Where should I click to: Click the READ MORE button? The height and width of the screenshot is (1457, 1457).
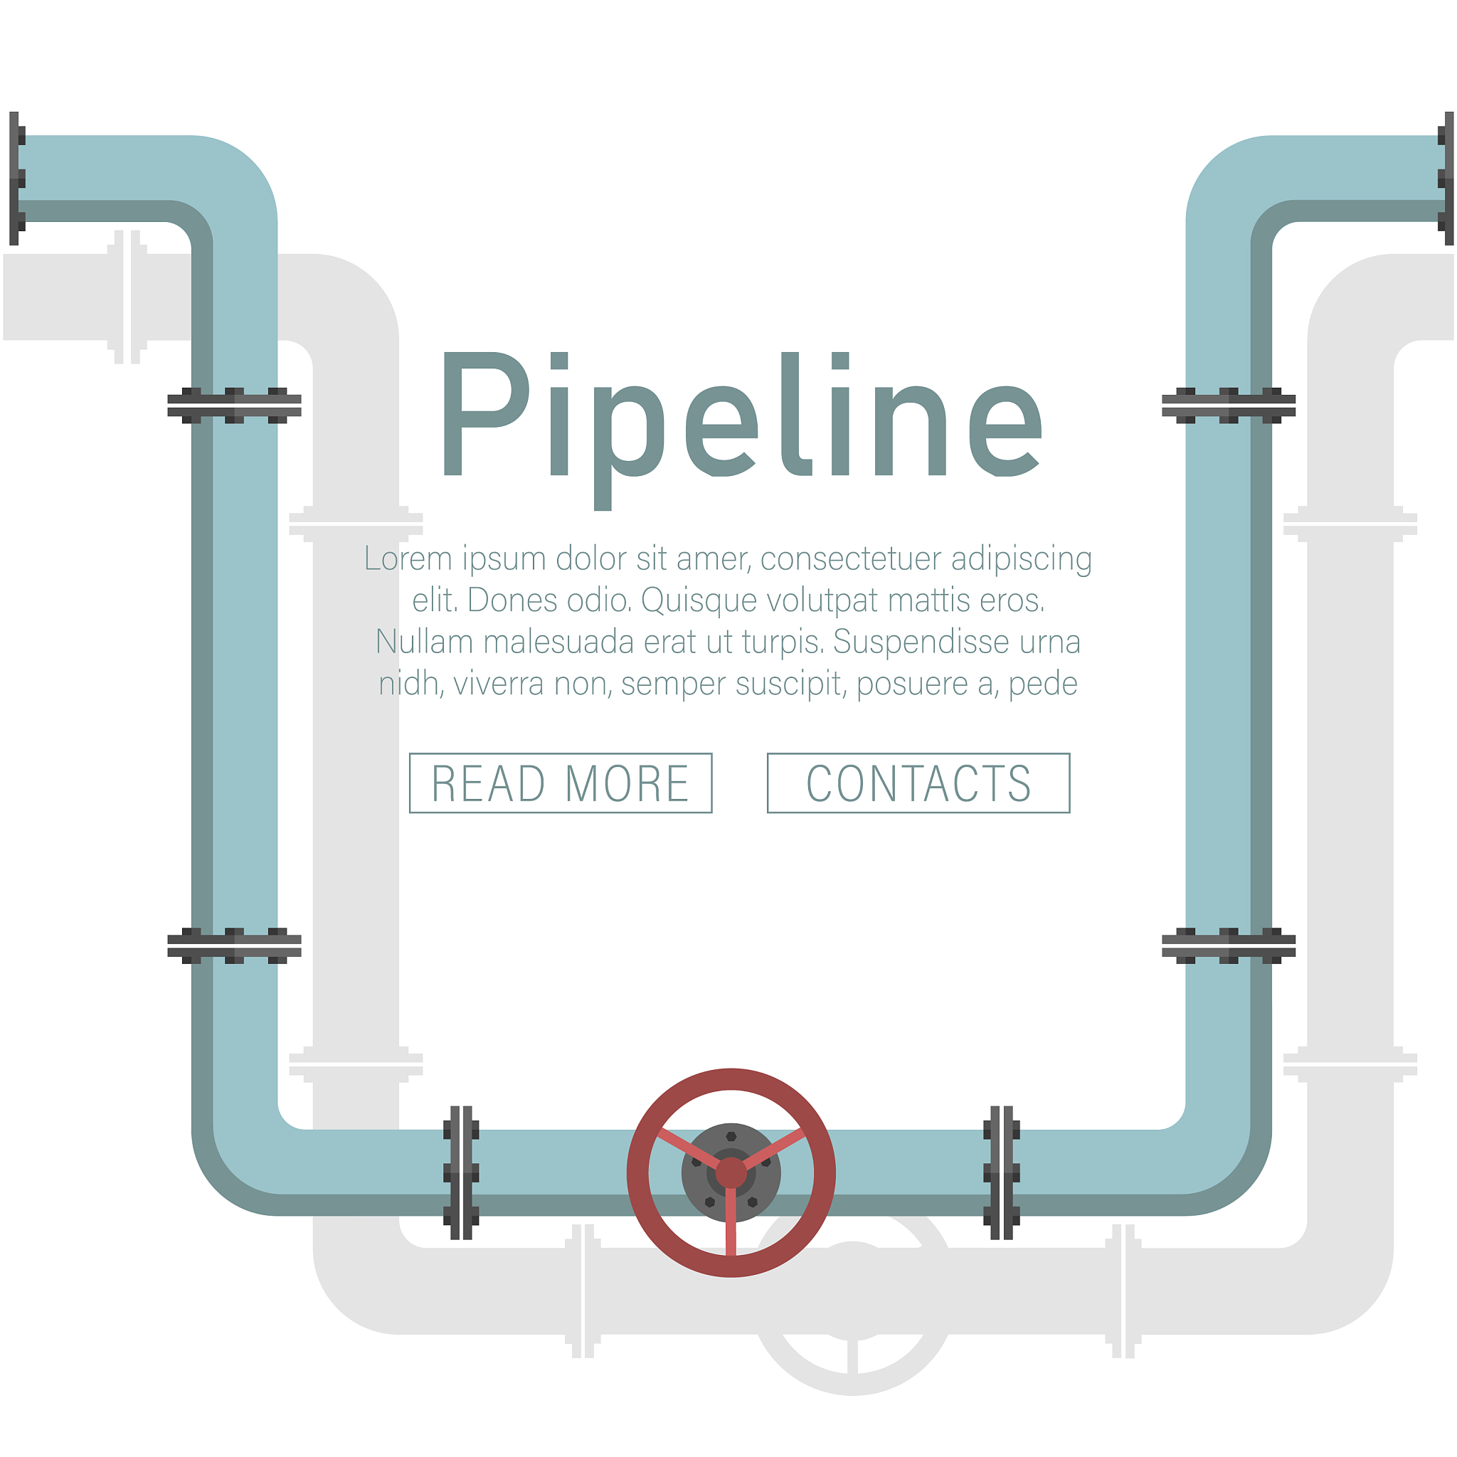pos(561,783)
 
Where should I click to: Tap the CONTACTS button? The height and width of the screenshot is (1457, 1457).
pos(918,783)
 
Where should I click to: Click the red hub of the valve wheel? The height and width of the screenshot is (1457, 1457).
pos(731,1173)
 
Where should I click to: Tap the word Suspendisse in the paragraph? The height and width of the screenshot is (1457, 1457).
pos(921,642)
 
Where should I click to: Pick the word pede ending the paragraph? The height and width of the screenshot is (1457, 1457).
pos(1043,684)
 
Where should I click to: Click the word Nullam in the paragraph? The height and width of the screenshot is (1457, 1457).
pos(424,642)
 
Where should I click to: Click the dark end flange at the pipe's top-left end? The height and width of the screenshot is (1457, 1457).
pos(16,179)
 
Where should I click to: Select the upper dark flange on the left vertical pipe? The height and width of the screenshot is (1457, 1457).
pos(234,406)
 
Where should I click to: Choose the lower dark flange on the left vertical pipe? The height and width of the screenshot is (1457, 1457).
pos(234,945)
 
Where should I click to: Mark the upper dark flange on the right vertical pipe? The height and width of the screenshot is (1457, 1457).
pos(1229,406)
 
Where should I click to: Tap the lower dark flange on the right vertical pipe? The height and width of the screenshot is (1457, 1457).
pos(1229,945)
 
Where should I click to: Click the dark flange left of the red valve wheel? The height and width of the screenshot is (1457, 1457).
pos(461,1173)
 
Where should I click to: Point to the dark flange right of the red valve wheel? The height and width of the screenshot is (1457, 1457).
pos(1002,1173)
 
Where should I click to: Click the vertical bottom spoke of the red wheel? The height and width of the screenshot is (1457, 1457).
pos(731,1222)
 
